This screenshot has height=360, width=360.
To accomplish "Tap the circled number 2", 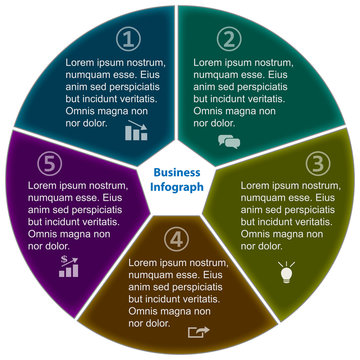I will click(230, 39).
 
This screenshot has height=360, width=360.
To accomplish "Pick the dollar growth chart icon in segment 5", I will click(70, 265).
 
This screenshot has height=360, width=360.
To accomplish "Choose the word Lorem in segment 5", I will click(45, 186).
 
